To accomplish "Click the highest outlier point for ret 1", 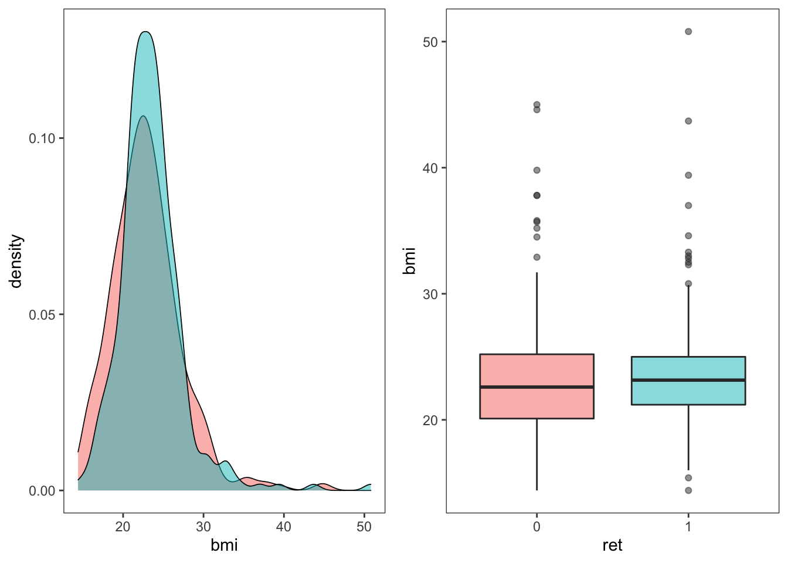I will pos(688,32).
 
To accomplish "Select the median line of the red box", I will pos(536,387).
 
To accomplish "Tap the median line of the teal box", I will pos(688,380).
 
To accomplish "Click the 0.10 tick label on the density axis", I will pos(42,138).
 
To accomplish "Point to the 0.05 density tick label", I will pos(42,315).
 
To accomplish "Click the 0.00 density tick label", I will pos(42,491).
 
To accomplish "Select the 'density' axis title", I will pos(16,262).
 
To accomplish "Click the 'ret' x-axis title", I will pos(612,545).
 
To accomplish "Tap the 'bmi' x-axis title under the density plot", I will pos(224,545).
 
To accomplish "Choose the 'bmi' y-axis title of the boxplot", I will pos(409,262).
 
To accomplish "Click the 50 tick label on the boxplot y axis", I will pos(430,42).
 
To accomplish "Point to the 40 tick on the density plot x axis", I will pos(283,527).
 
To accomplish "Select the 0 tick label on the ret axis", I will pos(536,527).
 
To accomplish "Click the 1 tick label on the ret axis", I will pos(688,527).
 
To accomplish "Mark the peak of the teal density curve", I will pos(145,32).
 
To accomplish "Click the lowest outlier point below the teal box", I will pos(688,490).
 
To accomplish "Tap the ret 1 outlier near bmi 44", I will pos(688,121).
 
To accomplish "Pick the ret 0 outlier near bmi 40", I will pos(536,170).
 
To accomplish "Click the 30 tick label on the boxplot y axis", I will pos(430,294).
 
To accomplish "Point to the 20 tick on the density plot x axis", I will pos(123,527).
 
